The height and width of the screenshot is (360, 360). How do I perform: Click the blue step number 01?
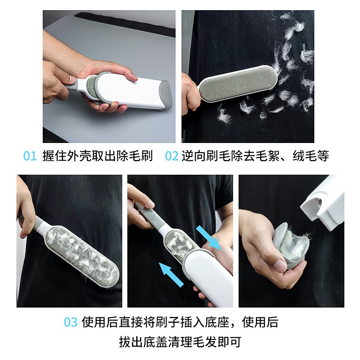pyautogui.click(x=30, y=156)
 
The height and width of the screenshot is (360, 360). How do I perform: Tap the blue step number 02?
pyautogui.click(x=171, y=156)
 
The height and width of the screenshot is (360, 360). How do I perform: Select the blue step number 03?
pyautogui.click(x=71, y=322)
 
